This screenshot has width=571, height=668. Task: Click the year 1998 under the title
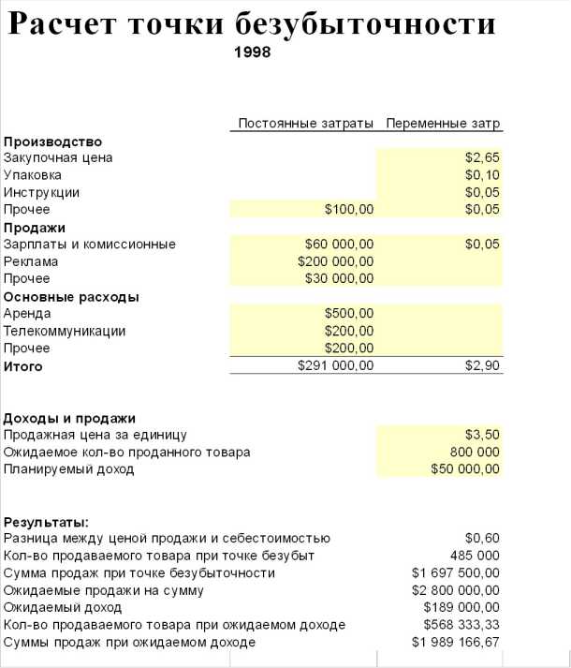point(252,52)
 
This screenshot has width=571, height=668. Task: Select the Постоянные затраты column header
point(305,124)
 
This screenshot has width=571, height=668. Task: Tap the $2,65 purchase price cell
point(482,157)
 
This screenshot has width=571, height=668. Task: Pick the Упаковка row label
point(33,175)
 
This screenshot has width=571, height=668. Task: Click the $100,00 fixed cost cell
point(348,209)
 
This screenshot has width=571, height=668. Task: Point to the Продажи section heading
point(35,228)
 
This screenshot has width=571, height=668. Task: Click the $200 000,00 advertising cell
point(335,261)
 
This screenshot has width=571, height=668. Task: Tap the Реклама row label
point(31,261)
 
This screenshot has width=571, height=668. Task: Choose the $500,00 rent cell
point(348,313)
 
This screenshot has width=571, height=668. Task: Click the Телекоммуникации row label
point(65,331)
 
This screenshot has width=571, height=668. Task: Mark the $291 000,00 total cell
point(335,366)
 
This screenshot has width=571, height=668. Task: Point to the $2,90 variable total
point(482,366)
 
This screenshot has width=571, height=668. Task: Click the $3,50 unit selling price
point(482,435)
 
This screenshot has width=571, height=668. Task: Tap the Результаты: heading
point(46,522)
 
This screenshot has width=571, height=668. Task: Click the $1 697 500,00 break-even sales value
point(456,572)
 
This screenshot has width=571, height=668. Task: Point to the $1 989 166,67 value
point(456,643)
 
